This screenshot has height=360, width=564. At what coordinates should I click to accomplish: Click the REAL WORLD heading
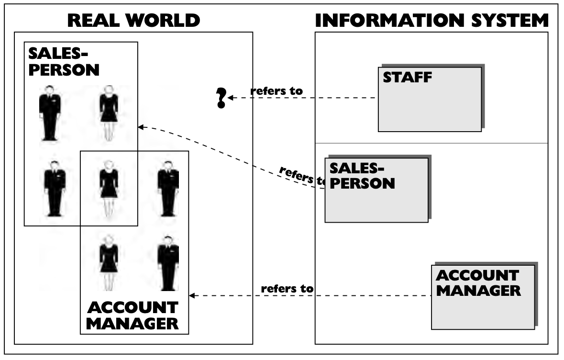(x=133, y=20)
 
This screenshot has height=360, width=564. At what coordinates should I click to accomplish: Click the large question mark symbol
(x=221, y=98)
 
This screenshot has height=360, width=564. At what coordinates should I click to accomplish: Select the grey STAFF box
(x=430, y=99)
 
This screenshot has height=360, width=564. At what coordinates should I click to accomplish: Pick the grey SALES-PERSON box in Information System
(x=376, y=190)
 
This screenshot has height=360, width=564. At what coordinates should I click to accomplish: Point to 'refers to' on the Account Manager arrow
(x=287, y=289)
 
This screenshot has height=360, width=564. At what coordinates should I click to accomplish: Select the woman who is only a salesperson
(x=109, y=113)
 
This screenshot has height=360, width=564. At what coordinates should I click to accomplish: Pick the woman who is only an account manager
(x=109, y=261)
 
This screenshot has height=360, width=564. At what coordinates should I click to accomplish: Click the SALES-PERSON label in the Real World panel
(x=64, y=61)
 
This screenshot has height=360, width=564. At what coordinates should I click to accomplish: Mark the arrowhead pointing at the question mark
(x=231, y=98)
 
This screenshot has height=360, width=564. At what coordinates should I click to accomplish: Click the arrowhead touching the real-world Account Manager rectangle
(x=192, y=296)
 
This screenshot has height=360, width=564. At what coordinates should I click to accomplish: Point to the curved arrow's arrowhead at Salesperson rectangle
(x=141, y=127)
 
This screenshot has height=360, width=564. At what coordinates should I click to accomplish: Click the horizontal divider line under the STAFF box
(x=431, y=143)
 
